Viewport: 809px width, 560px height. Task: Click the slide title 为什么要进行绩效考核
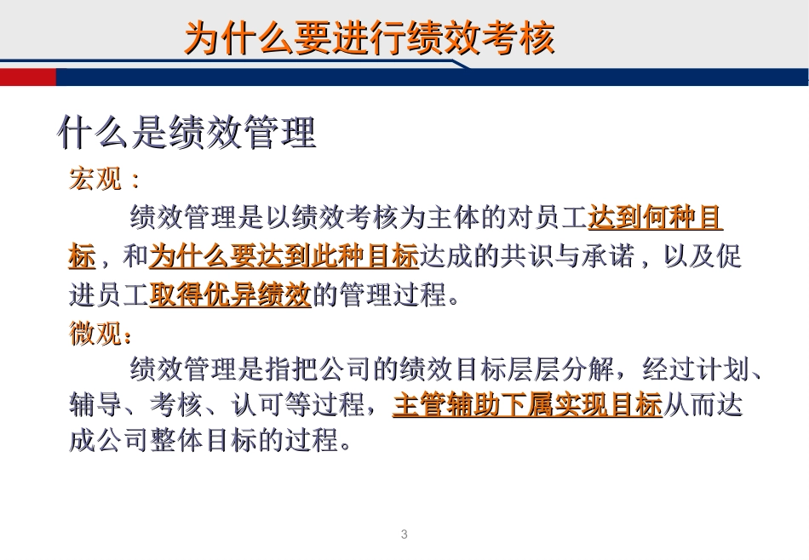pos(370,39)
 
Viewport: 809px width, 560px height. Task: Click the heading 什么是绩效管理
pos(187,133)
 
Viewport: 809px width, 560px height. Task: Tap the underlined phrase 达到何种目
pos(655,219)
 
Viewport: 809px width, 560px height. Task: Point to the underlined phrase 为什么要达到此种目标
pos(284,256)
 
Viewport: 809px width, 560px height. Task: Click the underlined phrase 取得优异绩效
pos(230,295)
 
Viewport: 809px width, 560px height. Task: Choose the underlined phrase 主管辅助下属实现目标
pos(527,405)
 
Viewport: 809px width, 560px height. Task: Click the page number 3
pos(404,534)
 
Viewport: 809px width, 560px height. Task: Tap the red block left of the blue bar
pos(28,77)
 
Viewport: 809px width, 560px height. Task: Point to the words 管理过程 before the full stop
pos(393,295)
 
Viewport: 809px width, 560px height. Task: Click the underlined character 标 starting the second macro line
pos(82,256)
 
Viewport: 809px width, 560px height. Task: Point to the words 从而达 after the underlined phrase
pos(703,405)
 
